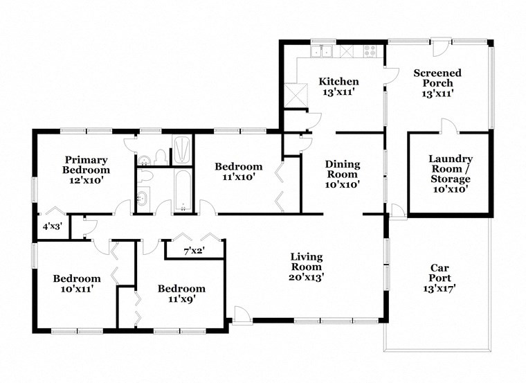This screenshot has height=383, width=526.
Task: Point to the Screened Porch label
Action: (x=437, y=83)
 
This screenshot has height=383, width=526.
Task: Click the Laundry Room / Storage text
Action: (x=450, y=173)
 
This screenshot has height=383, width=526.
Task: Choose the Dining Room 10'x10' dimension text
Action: (x=343, y=185)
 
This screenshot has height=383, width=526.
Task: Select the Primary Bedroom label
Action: (x=86, y=164)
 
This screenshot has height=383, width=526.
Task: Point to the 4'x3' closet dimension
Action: (x=52, y=226)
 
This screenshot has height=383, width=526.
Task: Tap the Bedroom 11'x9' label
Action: (x=181, y=294)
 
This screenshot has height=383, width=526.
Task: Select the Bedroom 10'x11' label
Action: (x=77, y=283)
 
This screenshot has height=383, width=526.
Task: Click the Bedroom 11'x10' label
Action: (x=238, y=172)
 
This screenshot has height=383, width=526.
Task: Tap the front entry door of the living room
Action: (x=242, y=315)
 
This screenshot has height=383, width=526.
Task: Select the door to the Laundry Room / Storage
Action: (x=448, y=125)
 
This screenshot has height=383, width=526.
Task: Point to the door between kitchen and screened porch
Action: (x=391, y=77)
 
